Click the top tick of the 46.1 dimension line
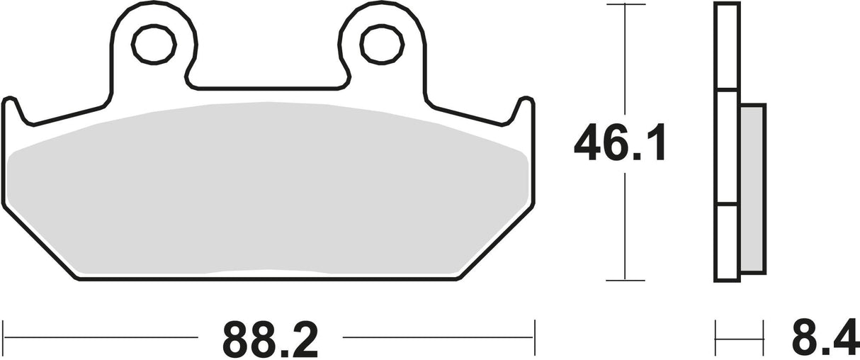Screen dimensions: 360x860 tap(626, 5)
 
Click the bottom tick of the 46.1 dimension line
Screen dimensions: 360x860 tap(626, 281)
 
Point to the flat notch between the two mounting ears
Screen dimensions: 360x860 tap(266, 88)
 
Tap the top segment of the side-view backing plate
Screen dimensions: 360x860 tap(728, 47)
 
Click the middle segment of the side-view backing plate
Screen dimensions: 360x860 tap(728, 147)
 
